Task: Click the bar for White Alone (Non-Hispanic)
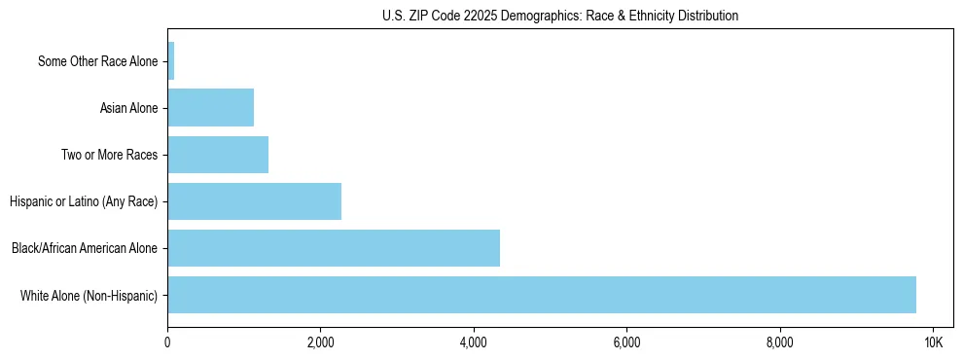(x=542, y=295)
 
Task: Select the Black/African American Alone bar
(x=334, y=248)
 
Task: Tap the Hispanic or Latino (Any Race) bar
(x=255, y=201)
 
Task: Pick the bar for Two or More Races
(x=218, y=155)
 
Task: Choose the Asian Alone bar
(x=211, y=108)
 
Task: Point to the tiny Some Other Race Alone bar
(x=171, y=61)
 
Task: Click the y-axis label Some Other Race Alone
(x=97, y=61)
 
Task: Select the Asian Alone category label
(x=128, y=108)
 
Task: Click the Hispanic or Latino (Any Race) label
(x=84, y=201)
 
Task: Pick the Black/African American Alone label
(x=84, y=248)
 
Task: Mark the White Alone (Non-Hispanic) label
(x=89, y=295)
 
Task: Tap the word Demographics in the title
(x=533, y=16)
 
